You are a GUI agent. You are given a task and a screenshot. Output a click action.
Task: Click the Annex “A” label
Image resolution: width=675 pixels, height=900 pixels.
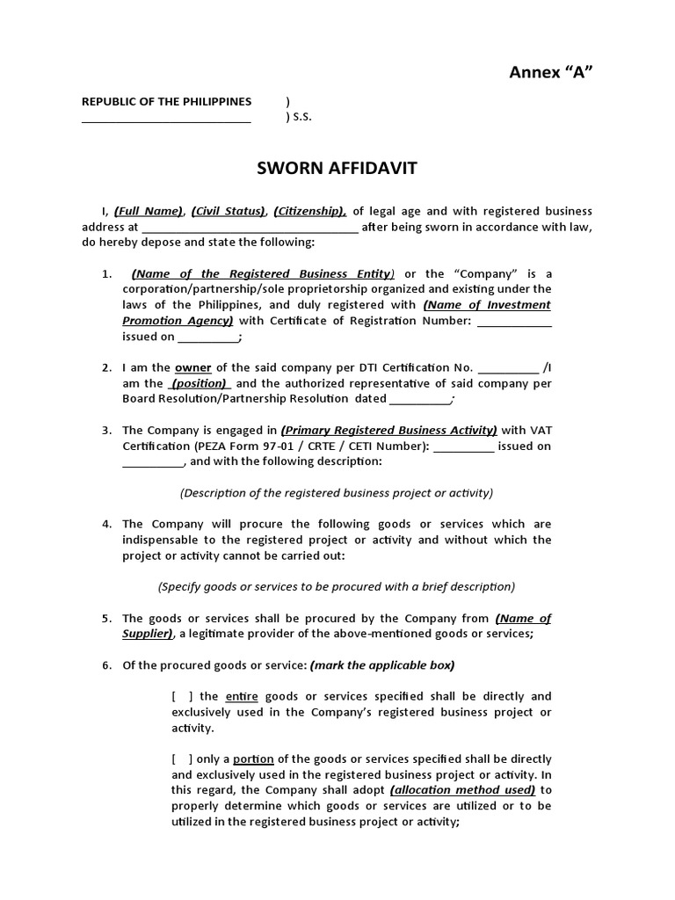tap(551, 72)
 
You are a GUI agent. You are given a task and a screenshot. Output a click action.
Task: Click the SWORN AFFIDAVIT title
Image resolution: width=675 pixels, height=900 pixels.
tap(337, 169)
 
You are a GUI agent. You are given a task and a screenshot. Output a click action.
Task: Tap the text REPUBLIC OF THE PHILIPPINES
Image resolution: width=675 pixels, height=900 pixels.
tap(166, 102)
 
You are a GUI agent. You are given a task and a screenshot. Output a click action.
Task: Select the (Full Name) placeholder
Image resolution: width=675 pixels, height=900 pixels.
tap(149, 211)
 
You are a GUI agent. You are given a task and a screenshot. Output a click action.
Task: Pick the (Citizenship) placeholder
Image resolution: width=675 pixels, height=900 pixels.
tap(309, 211)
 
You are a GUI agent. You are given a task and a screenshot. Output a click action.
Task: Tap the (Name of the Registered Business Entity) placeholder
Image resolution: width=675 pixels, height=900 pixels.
tap(264, 273)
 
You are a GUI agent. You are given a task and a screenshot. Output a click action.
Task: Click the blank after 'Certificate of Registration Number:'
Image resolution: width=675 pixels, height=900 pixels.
tap(514, 321)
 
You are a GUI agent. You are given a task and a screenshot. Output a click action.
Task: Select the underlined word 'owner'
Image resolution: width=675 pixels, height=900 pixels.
tap(193, 367)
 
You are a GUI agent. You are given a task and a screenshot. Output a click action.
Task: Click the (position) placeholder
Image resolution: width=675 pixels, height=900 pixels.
tap(200, 383)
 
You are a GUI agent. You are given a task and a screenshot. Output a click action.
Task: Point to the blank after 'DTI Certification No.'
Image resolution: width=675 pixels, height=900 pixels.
tap(509, 367)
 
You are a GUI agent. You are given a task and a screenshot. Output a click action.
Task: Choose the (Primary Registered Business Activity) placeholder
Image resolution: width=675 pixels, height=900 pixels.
tap(388, 430)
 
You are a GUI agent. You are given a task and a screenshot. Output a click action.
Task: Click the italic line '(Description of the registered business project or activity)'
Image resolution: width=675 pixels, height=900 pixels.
tap(337, 493)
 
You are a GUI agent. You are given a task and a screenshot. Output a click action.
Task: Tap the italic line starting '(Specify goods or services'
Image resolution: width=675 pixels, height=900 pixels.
tap(337, 586)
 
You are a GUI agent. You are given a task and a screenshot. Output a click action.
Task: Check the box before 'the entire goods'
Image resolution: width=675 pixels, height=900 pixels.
tap(183, 696)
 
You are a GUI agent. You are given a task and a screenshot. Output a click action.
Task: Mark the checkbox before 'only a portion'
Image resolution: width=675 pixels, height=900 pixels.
tap(183, 758)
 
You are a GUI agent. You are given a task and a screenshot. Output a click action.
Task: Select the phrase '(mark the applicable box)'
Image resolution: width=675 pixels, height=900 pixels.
tap(382, 664)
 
